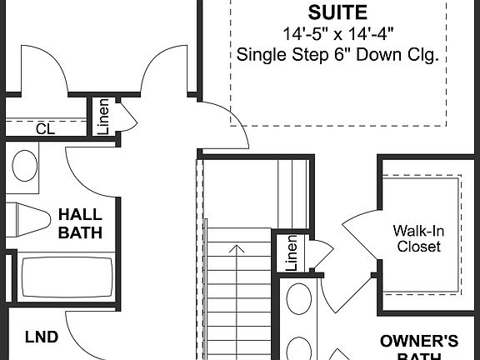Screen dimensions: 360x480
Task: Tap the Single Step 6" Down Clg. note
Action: point(338,56)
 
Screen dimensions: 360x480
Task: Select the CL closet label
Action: point(45,129)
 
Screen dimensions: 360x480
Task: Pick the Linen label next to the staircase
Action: point(292,253)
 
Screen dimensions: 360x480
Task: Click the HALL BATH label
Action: point(80,223)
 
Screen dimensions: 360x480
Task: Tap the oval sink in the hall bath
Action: point(24,163)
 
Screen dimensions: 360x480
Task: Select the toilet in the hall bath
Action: point(29,220)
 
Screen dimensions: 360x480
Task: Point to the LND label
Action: point(42,337)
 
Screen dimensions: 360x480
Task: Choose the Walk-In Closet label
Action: point(418,238)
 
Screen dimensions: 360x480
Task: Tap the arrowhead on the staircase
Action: point(239,247)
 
